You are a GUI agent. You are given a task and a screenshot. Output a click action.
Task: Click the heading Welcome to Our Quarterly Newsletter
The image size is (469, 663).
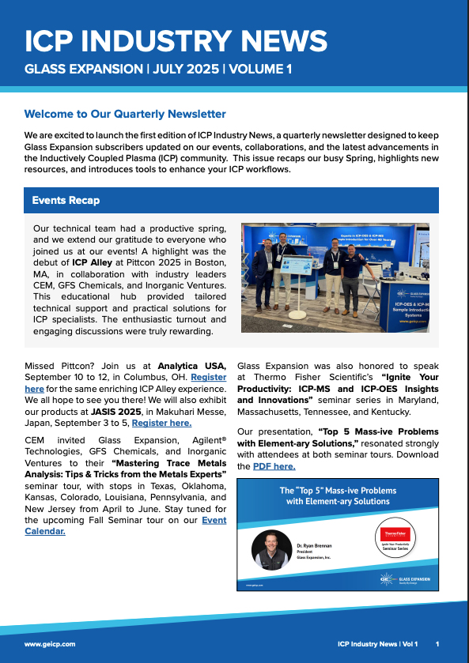(125, 115)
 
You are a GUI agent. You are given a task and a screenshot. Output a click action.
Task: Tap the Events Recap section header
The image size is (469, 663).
(66, 201)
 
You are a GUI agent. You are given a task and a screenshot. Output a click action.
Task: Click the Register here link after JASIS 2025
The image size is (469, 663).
(161, 423)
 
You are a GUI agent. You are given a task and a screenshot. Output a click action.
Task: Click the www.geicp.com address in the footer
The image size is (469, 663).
(50, 644)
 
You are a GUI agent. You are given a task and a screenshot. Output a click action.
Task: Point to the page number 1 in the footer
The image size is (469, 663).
(437, 644)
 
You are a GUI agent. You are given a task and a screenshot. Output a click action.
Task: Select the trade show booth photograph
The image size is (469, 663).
(335, 277)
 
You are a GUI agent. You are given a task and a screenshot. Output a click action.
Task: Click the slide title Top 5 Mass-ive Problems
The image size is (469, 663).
(338, 495)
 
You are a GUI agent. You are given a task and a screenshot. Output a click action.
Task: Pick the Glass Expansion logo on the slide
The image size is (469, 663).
(403, 579)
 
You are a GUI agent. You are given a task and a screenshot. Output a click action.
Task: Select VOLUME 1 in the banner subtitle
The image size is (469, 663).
(260, 70)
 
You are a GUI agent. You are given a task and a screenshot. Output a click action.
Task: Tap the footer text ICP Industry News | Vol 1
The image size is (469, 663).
(376, 644)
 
